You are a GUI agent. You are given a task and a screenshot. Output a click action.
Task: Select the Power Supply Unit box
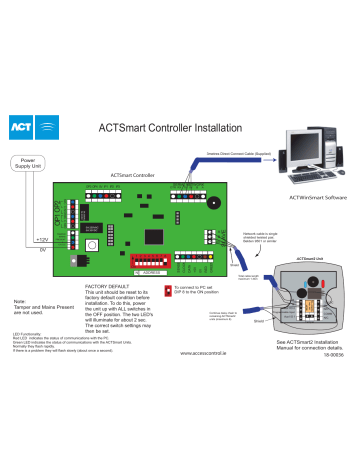[28, 163]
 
